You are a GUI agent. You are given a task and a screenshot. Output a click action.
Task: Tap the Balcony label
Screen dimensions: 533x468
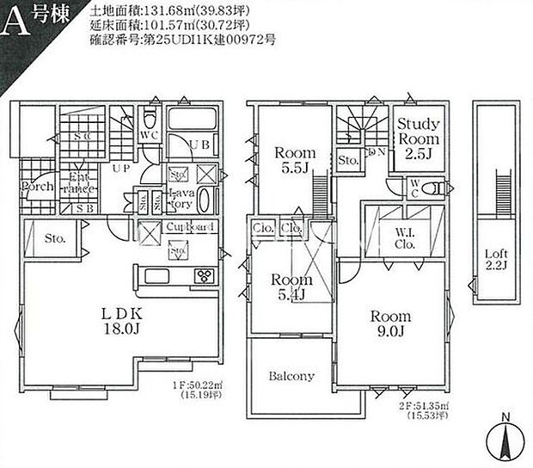pyautogui.click(x=291, y=376)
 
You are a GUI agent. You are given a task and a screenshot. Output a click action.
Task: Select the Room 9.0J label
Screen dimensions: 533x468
pyautogui.click(x=390, y=323)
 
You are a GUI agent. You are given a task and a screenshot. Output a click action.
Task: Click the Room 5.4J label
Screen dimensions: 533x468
pyautogui.click(x=290, y=287)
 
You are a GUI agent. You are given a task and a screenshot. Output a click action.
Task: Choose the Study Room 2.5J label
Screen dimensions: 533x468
pyautogui.click(x=418, y=139)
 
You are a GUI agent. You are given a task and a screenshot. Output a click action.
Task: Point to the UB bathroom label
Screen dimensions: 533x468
pyautogui.click(x=199, y=145)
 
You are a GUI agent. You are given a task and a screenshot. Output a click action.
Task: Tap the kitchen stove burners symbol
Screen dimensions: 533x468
pyautogui.click(x=205, y=276)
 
